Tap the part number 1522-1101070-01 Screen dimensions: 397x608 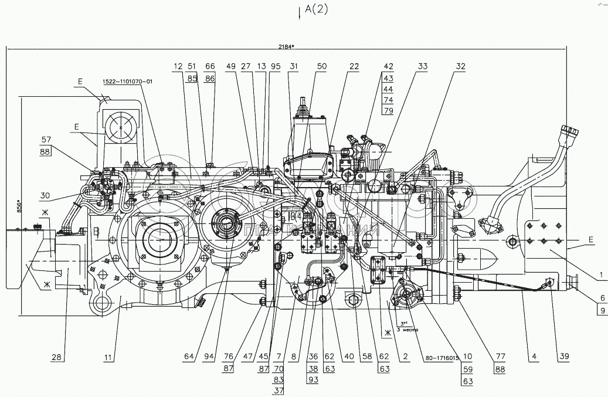[x=127, y=82]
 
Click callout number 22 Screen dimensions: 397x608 [x=353, y=67]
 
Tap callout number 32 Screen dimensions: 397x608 [x=460, y=67]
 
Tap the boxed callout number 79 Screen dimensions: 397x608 [x=389, y=110]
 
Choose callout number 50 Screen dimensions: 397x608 [x=321, y=67]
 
